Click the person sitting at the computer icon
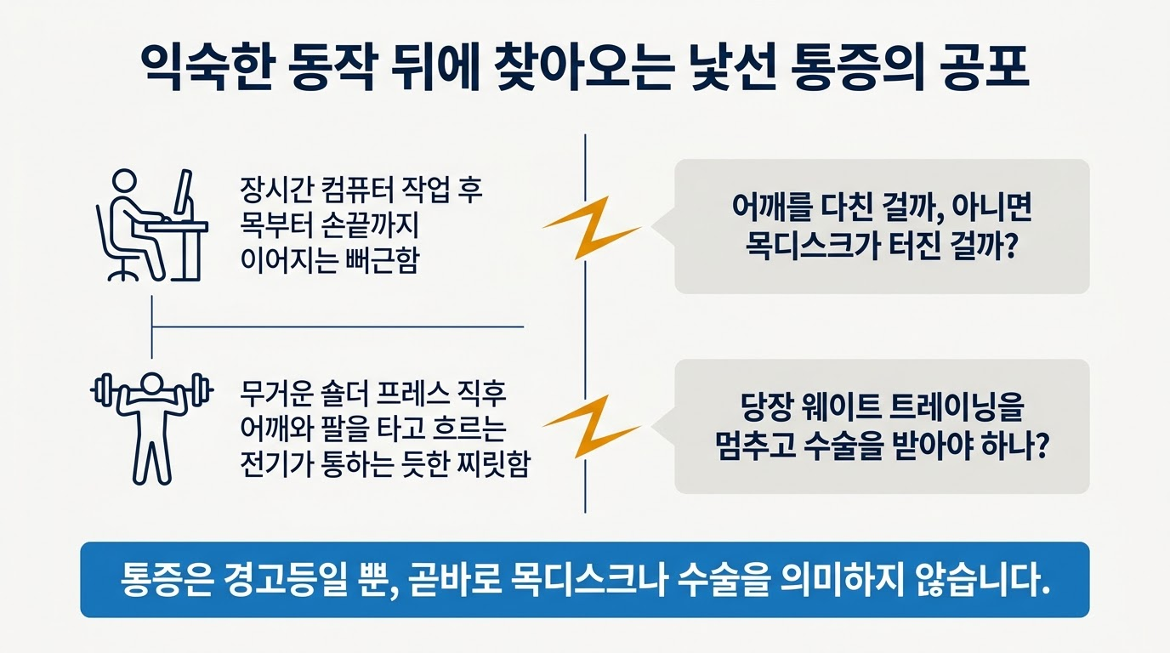(x=152, y=225)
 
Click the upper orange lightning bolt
(x=592, y=228)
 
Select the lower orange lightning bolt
(x=592, y=427)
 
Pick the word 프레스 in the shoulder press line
(x=412, y=394)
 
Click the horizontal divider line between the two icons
(x=338, y=327)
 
